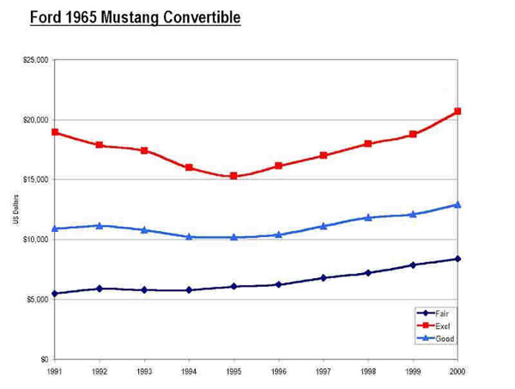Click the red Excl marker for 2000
[x=457, y=112]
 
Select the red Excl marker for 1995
[x=233, y=176]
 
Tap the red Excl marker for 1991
[x=55, y=132]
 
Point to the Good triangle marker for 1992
[x=100, y=226]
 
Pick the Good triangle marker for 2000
[x=457, y=204]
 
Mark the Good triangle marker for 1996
[x=278, y=234]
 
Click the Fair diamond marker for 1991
[x=55, y=294]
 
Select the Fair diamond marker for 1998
[x=368, y=273]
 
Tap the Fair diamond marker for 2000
[x=457, y=258]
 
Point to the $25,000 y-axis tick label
[x=37, y=60]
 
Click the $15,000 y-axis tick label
[x=37, y=179]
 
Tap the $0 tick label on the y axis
[x=43, y=359]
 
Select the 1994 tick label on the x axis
[x=189, y=373]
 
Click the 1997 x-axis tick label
[x=323, y=373]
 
